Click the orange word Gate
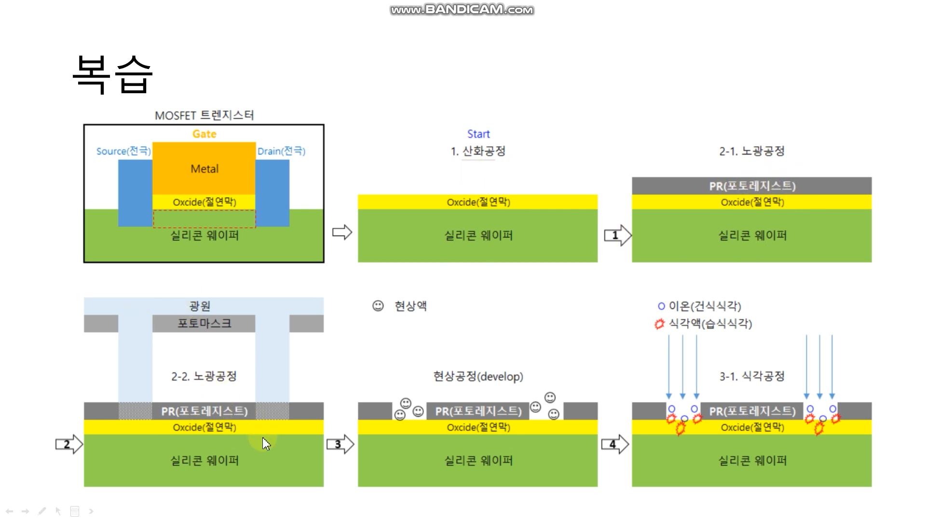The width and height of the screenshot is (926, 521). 204,134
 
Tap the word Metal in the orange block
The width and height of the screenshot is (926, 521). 204,169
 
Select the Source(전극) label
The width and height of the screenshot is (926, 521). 123,151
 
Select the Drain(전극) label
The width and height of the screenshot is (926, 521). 281,151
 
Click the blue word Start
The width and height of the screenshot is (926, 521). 478,134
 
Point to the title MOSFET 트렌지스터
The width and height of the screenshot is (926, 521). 204,115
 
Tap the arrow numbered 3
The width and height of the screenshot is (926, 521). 340,444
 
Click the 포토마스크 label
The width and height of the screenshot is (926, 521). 204,323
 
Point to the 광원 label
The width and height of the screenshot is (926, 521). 199,306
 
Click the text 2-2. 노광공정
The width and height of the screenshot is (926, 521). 204,376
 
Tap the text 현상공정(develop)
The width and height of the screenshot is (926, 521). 478,376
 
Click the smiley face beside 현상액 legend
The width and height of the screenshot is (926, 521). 378,306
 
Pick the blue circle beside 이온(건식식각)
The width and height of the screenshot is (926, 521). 661,306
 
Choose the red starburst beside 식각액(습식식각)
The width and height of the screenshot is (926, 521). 659,324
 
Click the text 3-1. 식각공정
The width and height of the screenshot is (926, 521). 752,376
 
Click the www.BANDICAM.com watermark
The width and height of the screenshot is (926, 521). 462,10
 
